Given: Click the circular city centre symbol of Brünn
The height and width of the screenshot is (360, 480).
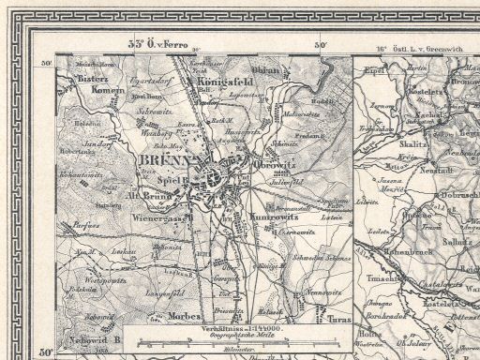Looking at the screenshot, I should click(x=216, y=174).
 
